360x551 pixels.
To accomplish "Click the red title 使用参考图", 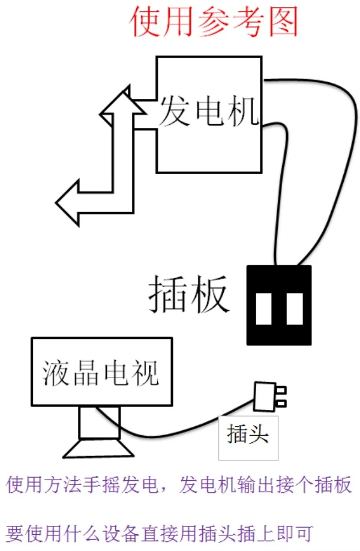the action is (x=214, y=22).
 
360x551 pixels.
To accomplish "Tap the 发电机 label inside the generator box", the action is (x=209, y=112).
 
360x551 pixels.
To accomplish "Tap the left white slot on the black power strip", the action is (x=263, y=309).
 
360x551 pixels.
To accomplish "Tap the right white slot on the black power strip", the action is (x=295, y=309).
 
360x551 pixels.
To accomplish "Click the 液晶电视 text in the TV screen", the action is (x=100, y=373).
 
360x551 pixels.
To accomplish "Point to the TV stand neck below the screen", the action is (x=100, y=423).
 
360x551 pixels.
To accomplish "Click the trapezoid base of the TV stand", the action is (x=98, y=448).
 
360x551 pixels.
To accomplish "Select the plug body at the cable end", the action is (x=265, y=396).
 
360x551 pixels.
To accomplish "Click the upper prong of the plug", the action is (x=281, y=390).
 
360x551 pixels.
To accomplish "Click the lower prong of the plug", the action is (x=281, y=403).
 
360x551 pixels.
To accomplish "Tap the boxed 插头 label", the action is (x=248, y=438).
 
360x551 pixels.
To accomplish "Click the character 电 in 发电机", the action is (x=209, y=112).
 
